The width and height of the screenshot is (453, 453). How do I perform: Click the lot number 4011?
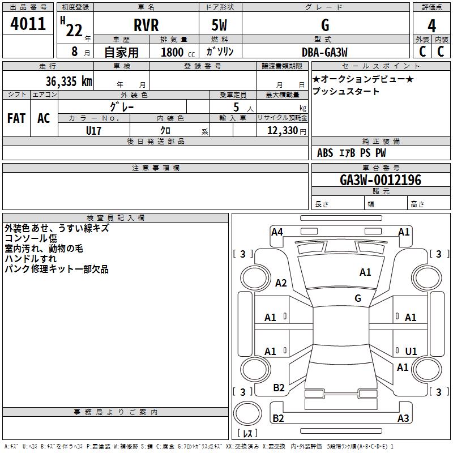[x=28, y=24]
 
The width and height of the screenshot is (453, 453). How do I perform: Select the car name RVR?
[x=146, y=25]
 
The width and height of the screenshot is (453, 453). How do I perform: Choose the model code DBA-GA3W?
[x=325, y=52]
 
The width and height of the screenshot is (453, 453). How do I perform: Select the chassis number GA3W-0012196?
[x=380, y=180]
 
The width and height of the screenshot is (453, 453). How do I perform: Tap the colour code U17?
[x=94, y=130]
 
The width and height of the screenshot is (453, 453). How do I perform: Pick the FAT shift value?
[x=16, y=118]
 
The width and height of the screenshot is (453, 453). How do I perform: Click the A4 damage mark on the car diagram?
[x=277, y=232]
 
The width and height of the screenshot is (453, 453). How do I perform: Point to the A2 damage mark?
[x=281, y=283]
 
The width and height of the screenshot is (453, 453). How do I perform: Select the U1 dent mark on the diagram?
[x=411, y=351]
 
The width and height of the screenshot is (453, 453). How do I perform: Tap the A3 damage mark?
[x=403, y=418]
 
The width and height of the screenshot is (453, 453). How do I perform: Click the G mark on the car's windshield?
[x=358, y=298]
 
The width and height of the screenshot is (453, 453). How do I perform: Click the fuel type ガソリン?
[x=220, y=52]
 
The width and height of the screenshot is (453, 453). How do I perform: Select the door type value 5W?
[x=220, y=25]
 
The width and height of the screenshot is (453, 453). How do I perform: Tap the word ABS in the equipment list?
[x=325, y=153]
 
